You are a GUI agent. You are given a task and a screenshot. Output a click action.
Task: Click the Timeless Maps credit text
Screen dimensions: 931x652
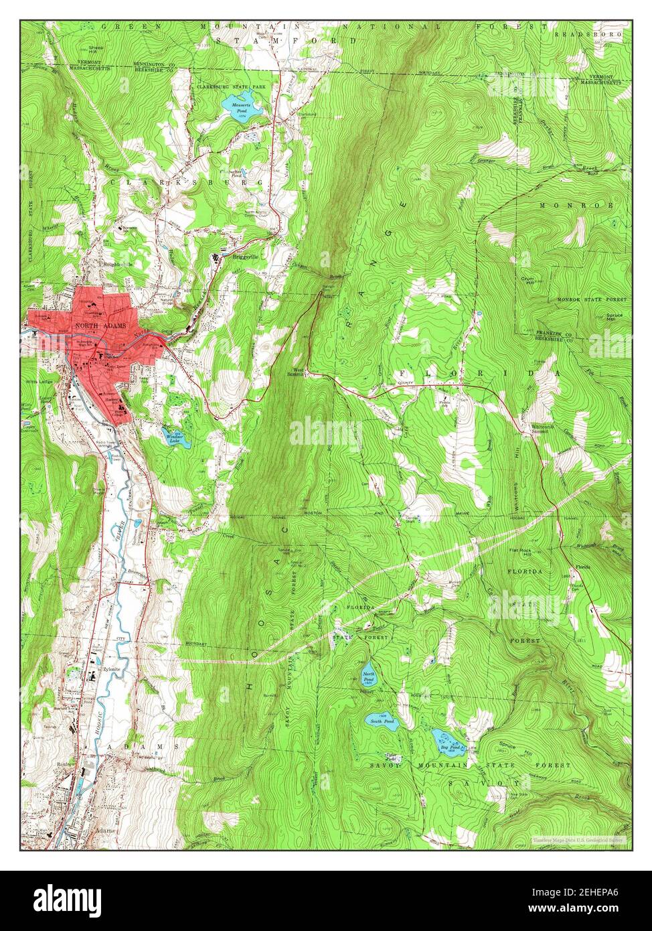[578, 839]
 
